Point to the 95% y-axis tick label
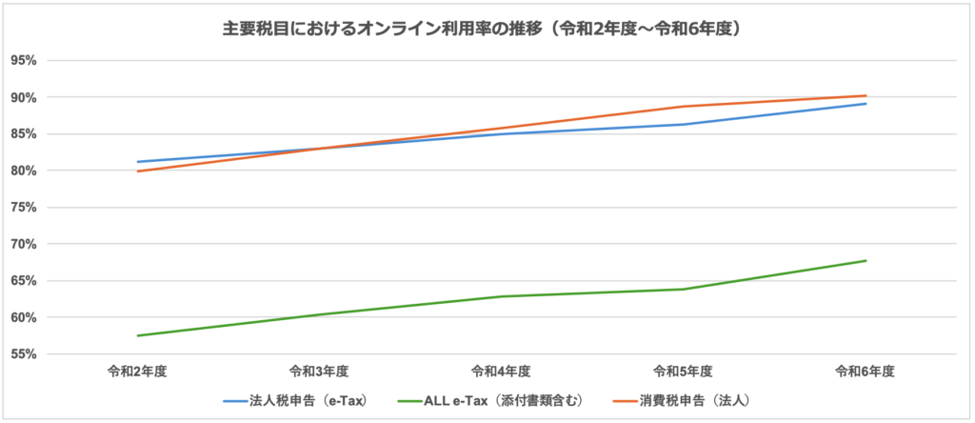23,60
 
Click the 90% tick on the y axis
23,97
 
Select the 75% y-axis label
23,208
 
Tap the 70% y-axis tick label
23,244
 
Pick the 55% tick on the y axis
23,354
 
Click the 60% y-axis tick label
23,317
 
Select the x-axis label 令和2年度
138,371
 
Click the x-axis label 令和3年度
320,371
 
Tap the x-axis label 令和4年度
502,371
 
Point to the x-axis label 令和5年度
684,371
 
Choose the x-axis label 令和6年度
865,371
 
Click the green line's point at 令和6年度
866,261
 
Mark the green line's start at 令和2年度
138,335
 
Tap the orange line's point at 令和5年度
684,107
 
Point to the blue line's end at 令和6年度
866,104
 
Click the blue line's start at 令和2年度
138,162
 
